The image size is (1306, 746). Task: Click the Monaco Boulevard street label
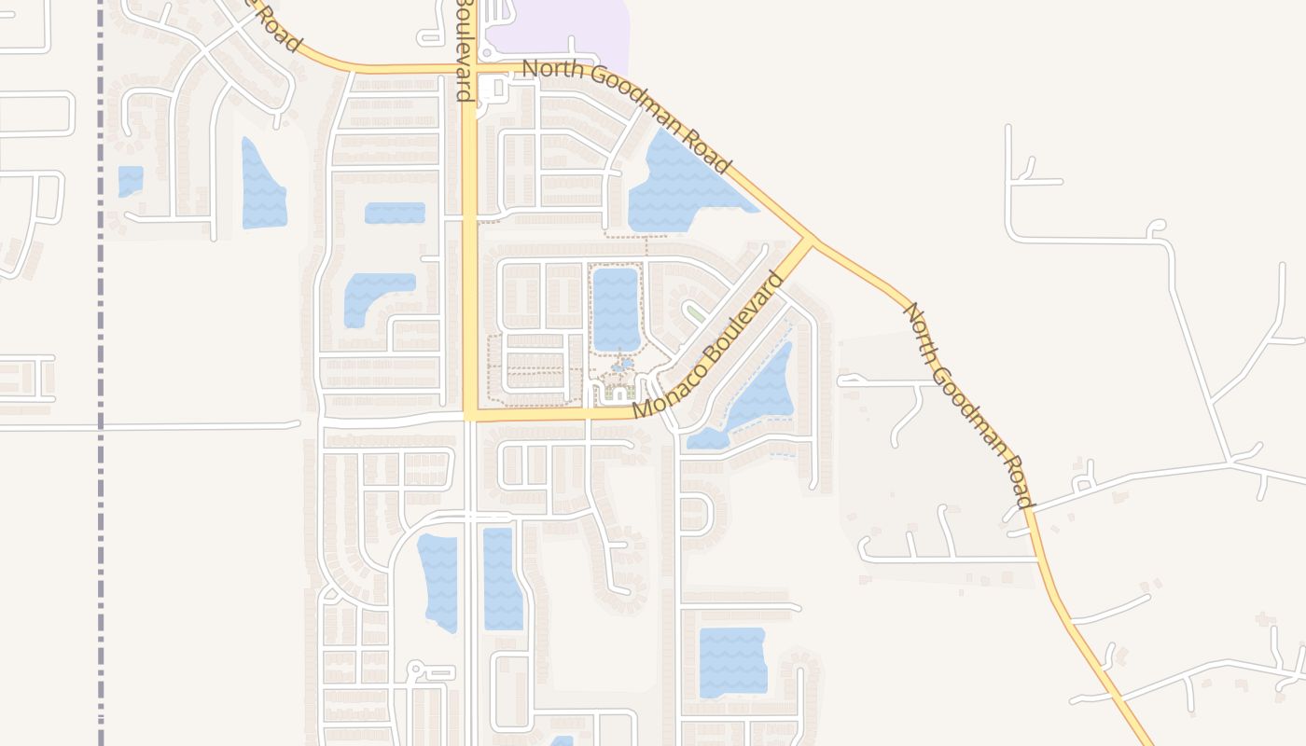709,345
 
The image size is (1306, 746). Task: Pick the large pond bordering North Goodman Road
681,186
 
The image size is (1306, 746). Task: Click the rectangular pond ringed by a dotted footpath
616,309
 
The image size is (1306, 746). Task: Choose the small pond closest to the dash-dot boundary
131,181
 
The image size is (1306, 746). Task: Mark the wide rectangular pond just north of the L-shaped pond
395,213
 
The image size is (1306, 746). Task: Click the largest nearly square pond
732,662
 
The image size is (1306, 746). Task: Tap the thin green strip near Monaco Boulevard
695,312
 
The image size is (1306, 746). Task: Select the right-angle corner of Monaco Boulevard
469,416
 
